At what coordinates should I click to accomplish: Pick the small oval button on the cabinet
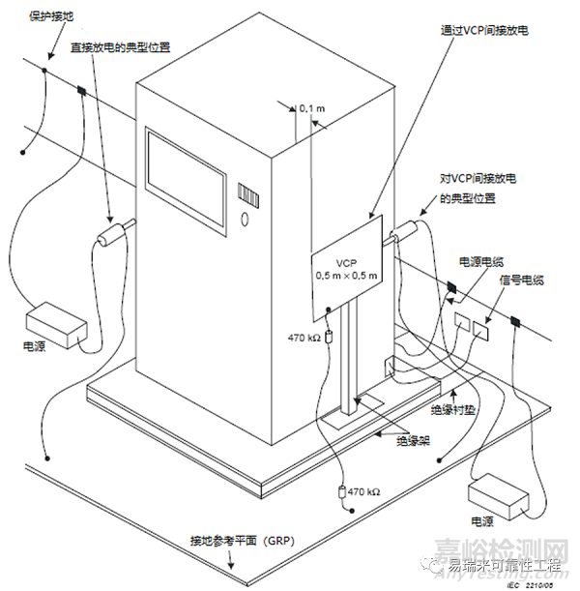245,220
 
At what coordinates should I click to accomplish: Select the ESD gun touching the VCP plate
405,232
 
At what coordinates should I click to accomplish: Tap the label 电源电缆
479,261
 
